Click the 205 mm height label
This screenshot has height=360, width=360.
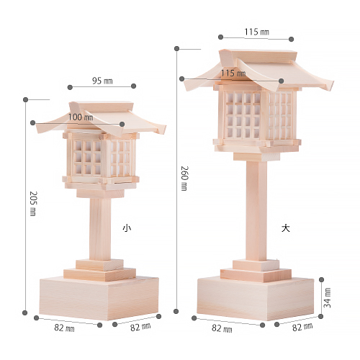pos(33,204)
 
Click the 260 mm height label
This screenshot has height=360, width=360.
pos(184,179)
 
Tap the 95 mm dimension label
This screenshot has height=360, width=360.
pos(102,81)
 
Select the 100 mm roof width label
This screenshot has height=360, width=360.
pos(81,117)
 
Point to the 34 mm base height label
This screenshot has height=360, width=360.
pos(327,297)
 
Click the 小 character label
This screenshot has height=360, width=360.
pos(127,228)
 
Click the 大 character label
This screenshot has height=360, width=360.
pos(286,228)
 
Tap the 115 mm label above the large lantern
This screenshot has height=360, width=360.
pos(256,32)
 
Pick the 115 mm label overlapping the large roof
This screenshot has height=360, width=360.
pos(233,73)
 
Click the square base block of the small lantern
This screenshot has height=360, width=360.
pos(99,299)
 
